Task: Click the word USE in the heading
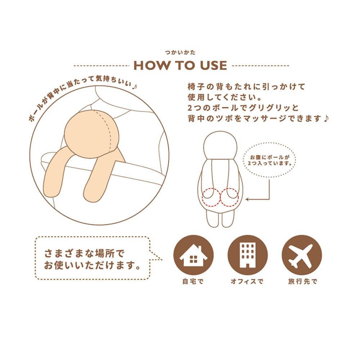tap(213, 66)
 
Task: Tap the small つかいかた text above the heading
tap(180, 53)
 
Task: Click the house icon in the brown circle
tap(193, 255)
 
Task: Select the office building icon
tap(248, 255)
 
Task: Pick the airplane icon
tap(302, 255)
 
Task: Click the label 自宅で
tap(193, 281)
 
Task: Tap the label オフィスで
tap(247, 281)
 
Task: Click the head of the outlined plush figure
tap(220, 145)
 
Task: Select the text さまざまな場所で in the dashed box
tap(84, 254)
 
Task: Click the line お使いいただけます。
tap(92, 265)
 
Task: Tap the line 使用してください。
tap(224, 97)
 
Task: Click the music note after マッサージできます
tap(326, 118)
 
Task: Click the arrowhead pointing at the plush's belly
tap(247, 199)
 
